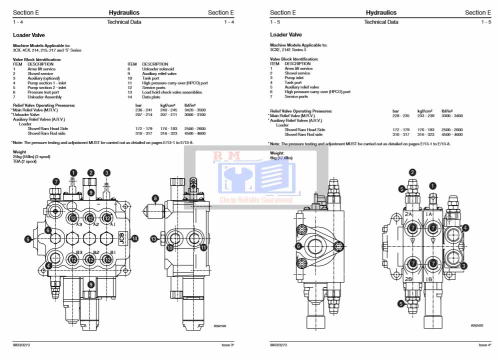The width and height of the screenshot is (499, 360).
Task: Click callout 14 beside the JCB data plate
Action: [x=134, y=239]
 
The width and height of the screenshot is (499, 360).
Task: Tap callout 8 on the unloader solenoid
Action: [x=155, y=199]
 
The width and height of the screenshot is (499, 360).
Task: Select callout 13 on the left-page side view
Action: [x=154, y=239]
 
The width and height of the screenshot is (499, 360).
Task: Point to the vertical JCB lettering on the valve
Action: [x=122, y=238]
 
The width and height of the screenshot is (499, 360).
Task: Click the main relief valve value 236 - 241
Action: [x=142, y=110]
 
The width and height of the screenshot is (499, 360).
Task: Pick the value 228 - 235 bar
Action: [x=400, y=115]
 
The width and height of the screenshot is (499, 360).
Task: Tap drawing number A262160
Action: [x=220, y=325]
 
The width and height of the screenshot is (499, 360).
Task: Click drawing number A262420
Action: [x=477, y=325]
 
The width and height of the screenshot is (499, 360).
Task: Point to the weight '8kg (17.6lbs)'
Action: [x=281, y=158]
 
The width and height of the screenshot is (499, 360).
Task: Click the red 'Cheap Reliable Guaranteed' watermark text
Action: [x=256, y=200]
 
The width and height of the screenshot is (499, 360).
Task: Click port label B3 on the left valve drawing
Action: [x=79, y=252]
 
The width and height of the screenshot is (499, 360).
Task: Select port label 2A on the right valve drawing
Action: [x=408, y=214]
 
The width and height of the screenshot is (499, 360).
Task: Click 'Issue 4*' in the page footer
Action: [x=485, y=345]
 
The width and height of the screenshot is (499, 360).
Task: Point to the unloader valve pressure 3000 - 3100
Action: [x=194, y=114]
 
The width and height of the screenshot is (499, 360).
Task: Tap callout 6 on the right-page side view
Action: [x=298, y=246]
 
